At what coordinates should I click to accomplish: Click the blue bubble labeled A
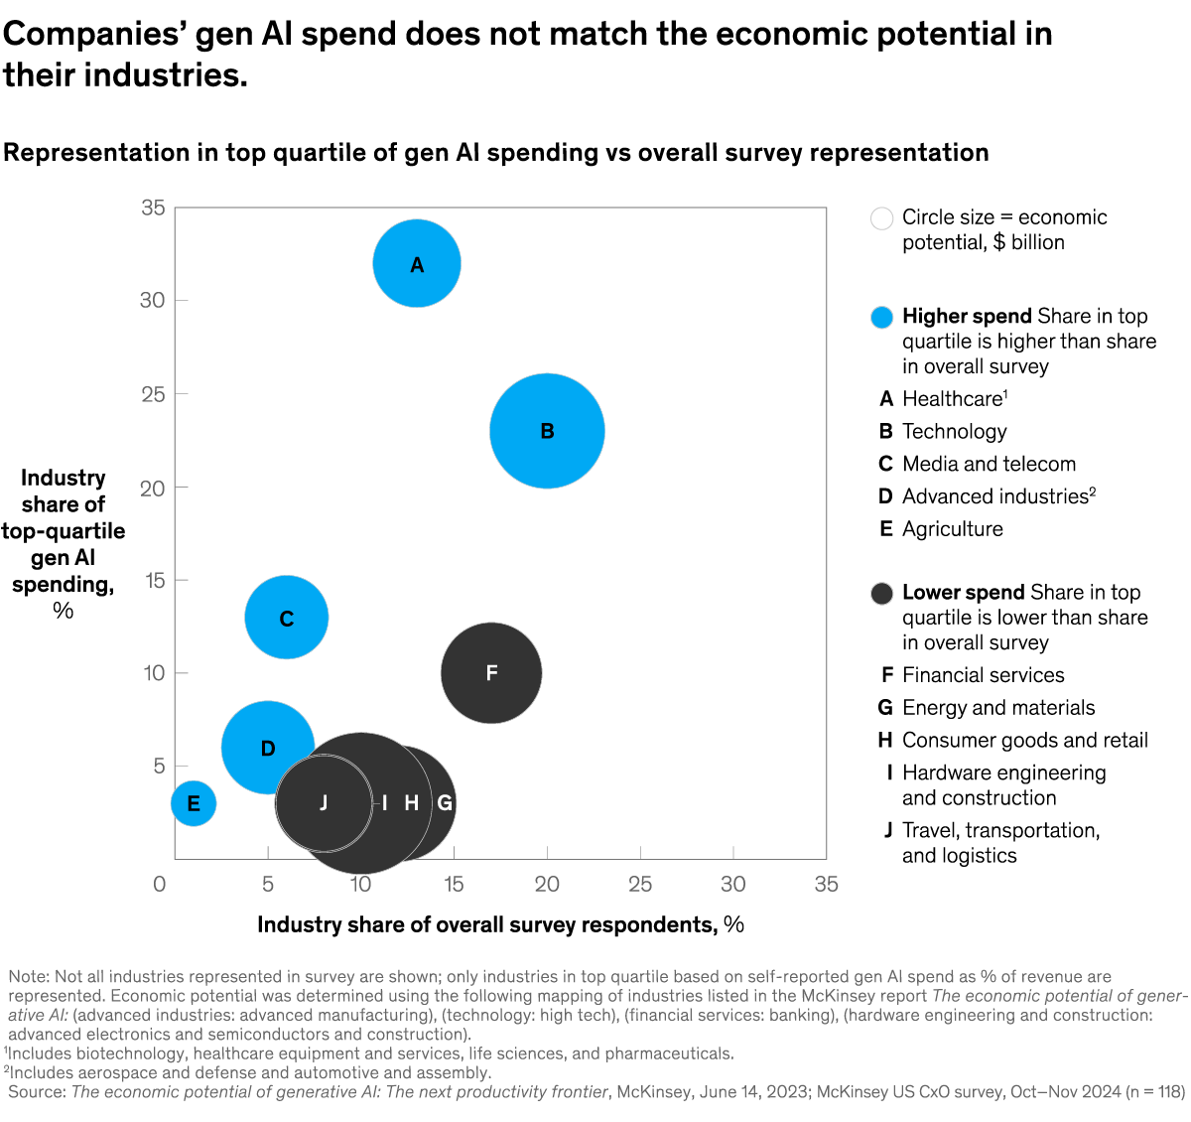click(x=417, y=264)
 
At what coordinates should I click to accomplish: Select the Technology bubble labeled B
click(x=547, y=431)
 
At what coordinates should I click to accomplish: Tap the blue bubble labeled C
click(x=287, y=618)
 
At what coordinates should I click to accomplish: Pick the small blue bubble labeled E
click(x=194, y=803)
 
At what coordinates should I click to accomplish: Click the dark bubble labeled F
click(x=491, y=673)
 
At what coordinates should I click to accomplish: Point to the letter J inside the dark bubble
click(x=324, y=802)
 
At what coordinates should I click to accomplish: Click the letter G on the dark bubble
click(x=446, y=803)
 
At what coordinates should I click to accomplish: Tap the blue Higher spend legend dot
click(x=881, y=318)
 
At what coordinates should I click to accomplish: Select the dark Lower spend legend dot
click(x=881, y=594)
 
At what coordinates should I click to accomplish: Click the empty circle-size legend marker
click(x=881, y=218)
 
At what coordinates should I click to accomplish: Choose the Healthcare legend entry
click(x=953, y=399)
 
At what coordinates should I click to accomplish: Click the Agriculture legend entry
click(x=952, y=529)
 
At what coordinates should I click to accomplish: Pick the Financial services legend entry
click(x=983, y=675)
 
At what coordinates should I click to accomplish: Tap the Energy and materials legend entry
click(x=997, y=708)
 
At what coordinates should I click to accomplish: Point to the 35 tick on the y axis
click(x=153, y=208)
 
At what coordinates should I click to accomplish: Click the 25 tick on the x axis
click(x=640, y=884)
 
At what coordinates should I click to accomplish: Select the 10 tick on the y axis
click(x=154, y=673)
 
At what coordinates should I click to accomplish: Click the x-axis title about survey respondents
click(x=500, y=925)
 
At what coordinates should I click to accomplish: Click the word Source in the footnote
click(x=36, y=1092)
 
